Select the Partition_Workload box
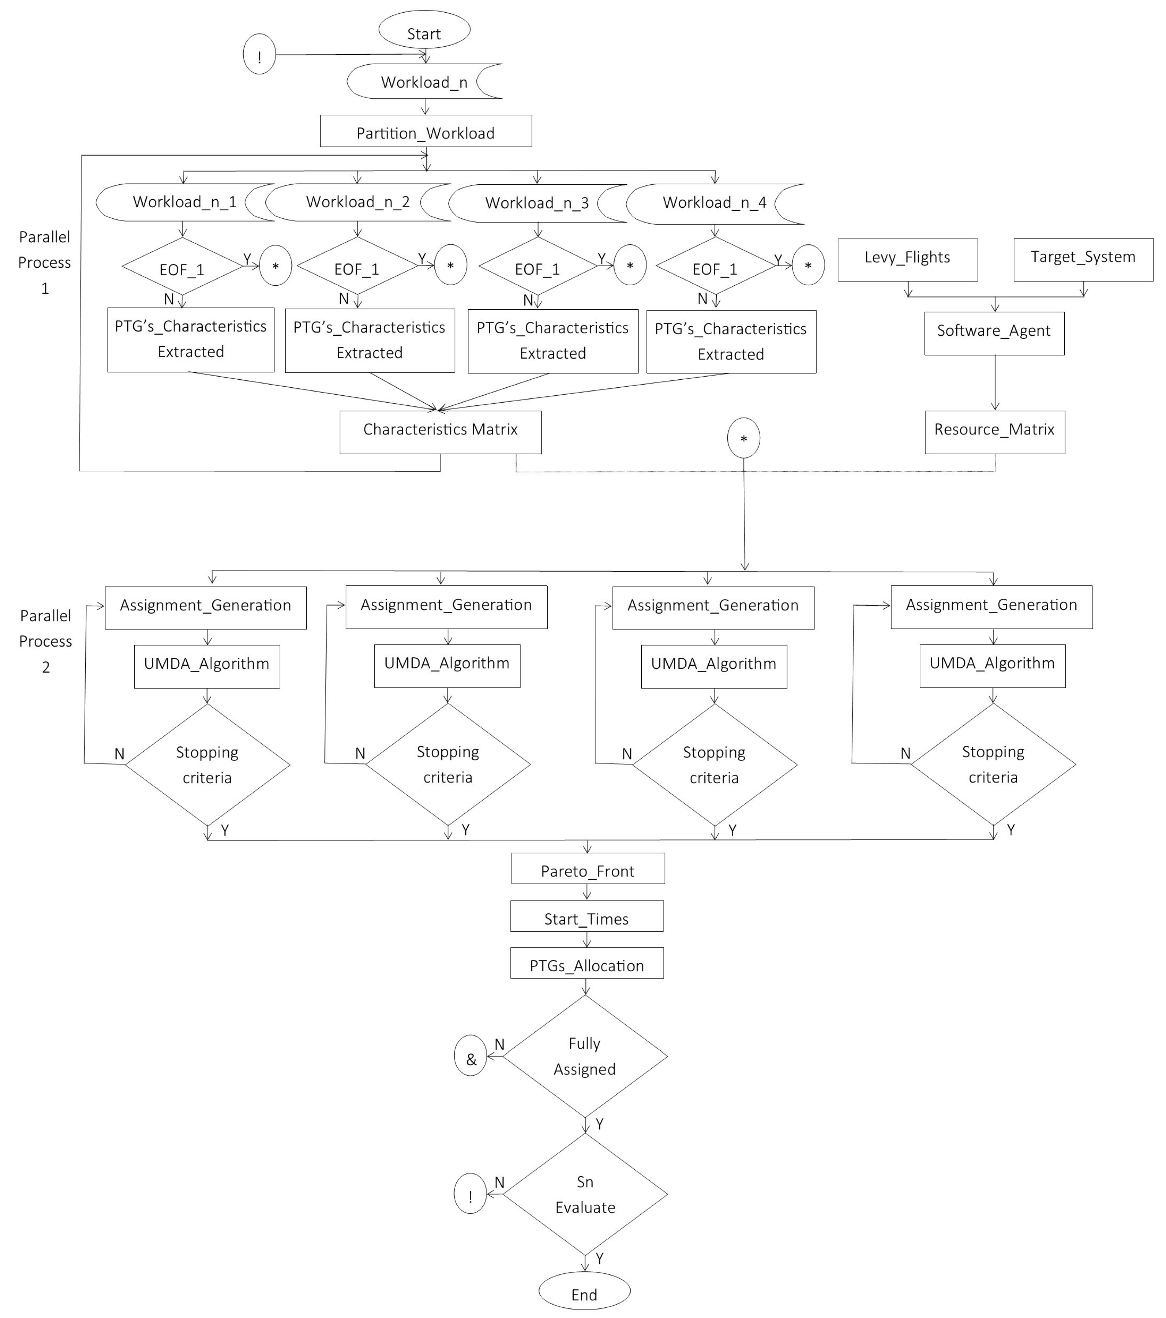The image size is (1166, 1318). tap(426, 132)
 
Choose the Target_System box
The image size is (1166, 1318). tap(1083, 259)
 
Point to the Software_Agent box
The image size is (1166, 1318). tap(994, 333)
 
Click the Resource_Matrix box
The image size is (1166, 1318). tap(994, 431)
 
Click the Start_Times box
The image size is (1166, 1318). tap(586, 916)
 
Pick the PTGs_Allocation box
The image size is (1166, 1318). tap(586, 963)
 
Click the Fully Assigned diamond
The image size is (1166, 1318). tap(584, 1056)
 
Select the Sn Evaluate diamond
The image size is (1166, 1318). tap(584, 1194)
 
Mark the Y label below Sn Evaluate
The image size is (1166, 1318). tap(599, 1258)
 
